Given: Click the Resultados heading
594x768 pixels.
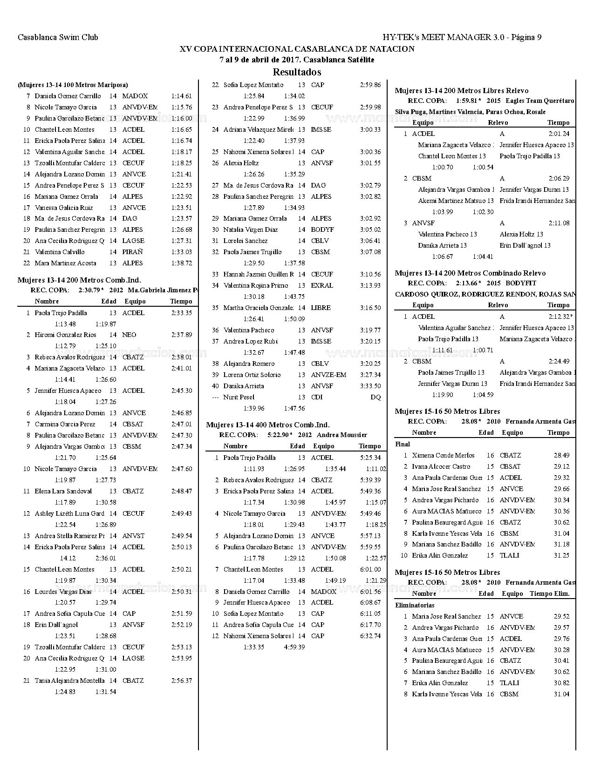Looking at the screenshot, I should pos(297,72).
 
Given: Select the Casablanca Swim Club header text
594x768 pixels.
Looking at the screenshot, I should pos(58,37).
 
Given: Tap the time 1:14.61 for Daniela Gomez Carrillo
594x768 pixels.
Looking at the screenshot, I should pos(181,96).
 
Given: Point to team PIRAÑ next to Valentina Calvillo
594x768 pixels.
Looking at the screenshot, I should pos(132,252).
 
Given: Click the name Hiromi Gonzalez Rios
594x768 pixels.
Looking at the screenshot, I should pos(65,335).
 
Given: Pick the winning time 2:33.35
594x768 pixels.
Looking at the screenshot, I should pos(181,313).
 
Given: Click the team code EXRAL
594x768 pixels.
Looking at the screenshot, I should pos(322,286).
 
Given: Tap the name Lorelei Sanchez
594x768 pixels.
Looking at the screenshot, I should pos(245,241).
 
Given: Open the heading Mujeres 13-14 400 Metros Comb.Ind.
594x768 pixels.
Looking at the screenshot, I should pos(267,425).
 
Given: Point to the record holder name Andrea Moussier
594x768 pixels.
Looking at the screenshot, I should pos(341,435).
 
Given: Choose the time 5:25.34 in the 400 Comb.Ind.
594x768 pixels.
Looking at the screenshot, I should pos(370,458).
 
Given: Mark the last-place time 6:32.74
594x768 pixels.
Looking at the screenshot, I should pos(370,636).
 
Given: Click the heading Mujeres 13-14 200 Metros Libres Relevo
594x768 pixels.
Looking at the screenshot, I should pos(461,91).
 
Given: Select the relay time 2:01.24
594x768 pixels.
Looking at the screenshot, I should pos(559,134).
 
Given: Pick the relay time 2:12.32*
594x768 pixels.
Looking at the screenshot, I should pos(560,317).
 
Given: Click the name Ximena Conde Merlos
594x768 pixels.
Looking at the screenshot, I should pos(443,456).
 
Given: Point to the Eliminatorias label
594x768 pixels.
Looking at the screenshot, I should pos(415,606).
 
